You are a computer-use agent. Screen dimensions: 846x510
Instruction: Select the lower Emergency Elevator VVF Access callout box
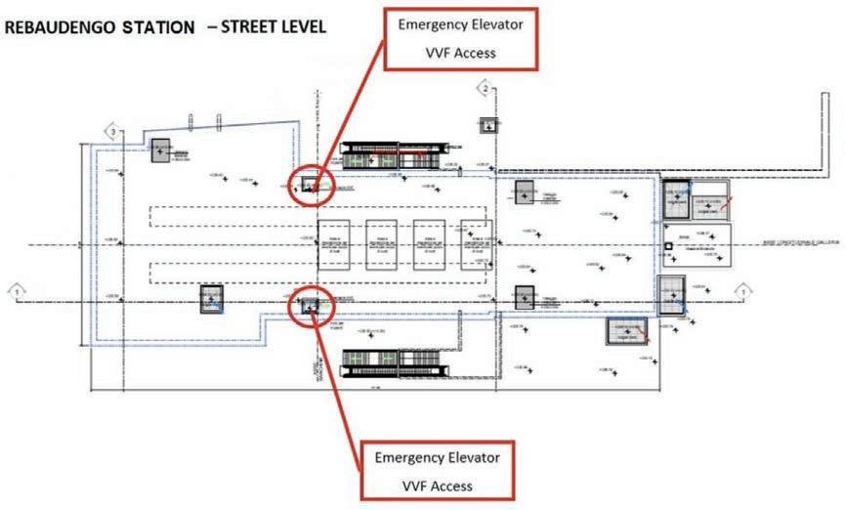pos(437,471)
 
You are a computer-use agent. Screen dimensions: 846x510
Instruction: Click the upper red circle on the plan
pos(312,183)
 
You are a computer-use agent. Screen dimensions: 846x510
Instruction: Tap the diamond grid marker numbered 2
pos(483,91)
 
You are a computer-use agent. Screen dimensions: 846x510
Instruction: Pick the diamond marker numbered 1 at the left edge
pos(17,290)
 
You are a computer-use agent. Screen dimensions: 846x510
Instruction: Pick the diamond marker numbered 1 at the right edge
pos(744,290)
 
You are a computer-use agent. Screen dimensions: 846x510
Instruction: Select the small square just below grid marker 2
pos(486,124)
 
